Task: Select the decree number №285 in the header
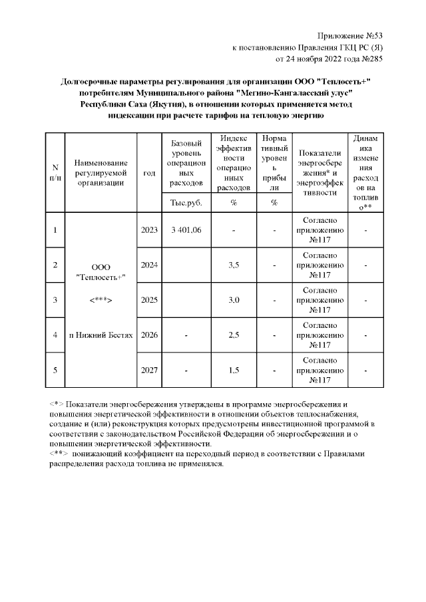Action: [369, 59]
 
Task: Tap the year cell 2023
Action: [149, 230]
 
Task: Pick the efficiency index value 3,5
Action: [234, 265]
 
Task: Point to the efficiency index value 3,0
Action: [234, 300]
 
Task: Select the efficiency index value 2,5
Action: [234, 335]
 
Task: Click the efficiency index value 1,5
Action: [234, 370]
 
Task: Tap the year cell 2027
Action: [149, 370]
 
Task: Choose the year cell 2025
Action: [149, 300]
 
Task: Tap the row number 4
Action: [55, 335]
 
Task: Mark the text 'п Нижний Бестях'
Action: [100, 335]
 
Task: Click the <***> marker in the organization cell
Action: [100, 300]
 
